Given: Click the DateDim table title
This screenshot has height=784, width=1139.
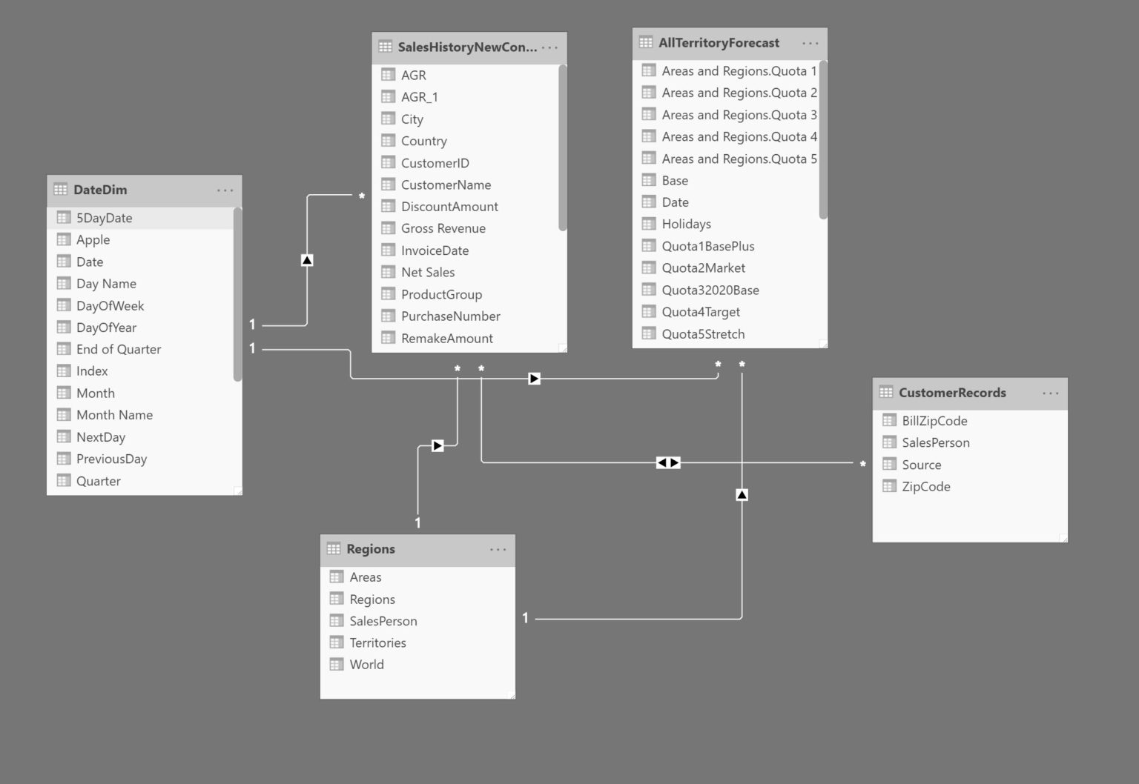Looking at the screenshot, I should [x=100, y=190].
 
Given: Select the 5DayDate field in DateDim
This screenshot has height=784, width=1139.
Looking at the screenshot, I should [x=104, y=218].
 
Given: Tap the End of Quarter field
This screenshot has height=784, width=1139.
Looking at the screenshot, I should [x=118, y=349].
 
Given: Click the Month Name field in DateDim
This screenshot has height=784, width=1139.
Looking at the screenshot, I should [x=114, y=415].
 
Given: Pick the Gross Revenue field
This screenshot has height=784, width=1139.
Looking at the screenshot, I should [x=443, y=228].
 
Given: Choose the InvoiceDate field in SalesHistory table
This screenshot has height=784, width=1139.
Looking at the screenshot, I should [x=435, y=250].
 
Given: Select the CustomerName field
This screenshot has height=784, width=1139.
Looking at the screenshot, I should [x=446, y=185].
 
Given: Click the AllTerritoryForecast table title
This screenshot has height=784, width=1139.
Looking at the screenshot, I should [x=719, y=43].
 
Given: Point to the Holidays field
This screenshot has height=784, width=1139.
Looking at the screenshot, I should [x=686, y=224].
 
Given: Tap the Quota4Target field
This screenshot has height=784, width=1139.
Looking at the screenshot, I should [x=701, y=312].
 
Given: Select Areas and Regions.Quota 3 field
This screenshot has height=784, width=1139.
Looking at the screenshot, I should [x=739, y=115].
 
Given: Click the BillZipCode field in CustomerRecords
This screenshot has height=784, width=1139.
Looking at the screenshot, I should [x=934, y=421].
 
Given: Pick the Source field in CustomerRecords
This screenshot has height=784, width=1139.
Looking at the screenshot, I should [x=921, y=465].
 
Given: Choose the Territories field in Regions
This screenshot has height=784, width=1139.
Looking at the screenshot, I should [x=377, y=642].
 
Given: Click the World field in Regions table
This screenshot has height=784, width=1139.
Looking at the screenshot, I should [x=366, y=665].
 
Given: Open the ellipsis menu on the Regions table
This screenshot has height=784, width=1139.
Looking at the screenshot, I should [x=498, y=549].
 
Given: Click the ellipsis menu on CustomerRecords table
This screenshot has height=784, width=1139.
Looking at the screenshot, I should [x=1051, y=393].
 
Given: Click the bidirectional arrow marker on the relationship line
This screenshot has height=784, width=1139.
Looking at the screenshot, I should [x=668, y=462].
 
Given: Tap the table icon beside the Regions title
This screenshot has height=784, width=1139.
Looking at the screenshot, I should [x=334, y=549].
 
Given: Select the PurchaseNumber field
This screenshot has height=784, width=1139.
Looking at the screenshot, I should [x=450, y=316].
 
